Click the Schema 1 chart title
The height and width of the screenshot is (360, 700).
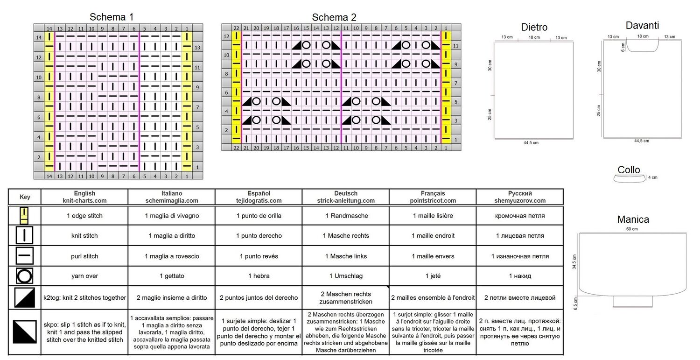coord(111,17)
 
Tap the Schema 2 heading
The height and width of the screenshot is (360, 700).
coord(334,17)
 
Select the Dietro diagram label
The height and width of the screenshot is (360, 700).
coord(534,27)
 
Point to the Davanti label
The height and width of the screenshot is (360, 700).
coord(642,25)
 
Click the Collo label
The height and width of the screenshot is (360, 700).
coord(629,170)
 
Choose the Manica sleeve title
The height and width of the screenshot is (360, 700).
coord(633,219)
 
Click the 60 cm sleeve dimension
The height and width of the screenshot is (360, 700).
coord(632,229)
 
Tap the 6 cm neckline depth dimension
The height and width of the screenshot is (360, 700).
coord(623,47)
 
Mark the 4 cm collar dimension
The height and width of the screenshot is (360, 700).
coord(652,177)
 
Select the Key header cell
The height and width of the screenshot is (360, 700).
coord(25,197)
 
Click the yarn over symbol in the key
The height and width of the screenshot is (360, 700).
coord(24,276)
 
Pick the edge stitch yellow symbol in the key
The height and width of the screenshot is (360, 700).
coord(24,216)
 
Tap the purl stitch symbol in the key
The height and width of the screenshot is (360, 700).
coord(24,255)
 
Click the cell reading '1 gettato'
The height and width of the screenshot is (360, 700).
coord(172,276)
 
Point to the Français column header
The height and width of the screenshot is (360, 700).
coord(433,197)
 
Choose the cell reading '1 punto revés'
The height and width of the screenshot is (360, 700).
coord(259,256)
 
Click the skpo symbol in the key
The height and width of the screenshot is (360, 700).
coord(25,332)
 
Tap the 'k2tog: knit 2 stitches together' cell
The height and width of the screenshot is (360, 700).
coord(84,297)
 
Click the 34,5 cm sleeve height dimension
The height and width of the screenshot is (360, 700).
coord(574,261)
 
